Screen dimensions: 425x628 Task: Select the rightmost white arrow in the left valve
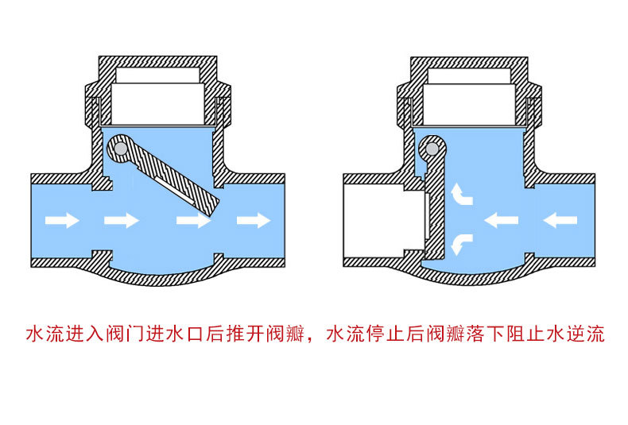[254, 220]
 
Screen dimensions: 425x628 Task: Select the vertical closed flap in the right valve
[434, 207]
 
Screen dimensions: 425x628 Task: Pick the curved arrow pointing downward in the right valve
[459, 243]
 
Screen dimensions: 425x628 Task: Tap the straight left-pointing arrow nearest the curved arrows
[501, 218]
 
